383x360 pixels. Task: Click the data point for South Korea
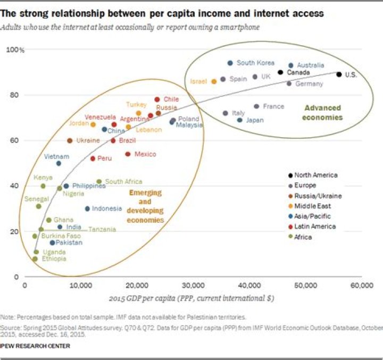230,63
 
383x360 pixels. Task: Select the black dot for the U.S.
339,74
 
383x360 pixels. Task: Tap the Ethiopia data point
35,259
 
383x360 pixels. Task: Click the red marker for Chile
157,99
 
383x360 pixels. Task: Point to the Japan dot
240,120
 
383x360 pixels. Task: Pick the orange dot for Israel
214,81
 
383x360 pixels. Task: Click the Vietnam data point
59,163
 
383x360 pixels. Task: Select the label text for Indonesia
107,208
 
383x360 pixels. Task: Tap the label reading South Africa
123,181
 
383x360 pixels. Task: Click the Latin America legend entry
315,227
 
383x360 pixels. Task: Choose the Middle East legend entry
313,206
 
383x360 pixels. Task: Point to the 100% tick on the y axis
15,50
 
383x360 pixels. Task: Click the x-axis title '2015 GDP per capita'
192,298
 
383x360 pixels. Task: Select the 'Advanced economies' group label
322,112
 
